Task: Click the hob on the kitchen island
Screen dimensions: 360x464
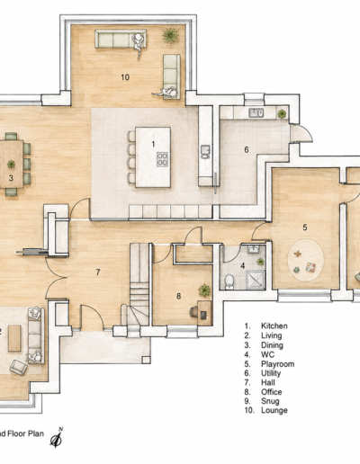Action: pyautogui.click(x=162, y=159)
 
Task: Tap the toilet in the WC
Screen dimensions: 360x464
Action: pyautogui.click(x=229, y=281)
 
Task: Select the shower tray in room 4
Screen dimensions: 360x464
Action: pyautogui.click(x=256, y=280)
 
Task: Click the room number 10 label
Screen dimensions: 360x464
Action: pyautogui.click(x=125, y=77)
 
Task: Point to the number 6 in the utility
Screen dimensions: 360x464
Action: pyautogui.click(x=247, y=149)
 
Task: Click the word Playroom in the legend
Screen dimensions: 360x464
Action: pyautogui.click(x=277, y=364)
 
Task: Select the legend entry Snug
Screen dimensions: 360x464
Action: pyautogui.click(x=270, y=401)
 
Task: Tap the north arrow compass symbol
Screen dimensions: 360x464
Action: pyautogui.click(x=57, y=438)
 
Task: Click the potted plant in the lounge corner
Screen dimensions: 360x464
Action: pyautogui.click(x=170, y=36)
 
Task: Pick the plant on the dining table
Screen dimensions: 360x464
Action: pyautogui.click(x=11, y=164)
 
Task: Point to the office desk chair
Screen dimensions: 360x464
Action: pyautogui.click(x=193, y=312)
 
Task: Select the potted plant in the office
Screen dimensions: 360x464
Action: pyautogui.click(x=204, y=290)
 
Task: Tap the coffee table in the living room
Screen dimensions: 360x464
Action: pyautogui.click(x=14, y=338)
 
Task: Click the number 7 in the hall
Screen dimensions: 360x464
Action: pyautogui.click(x=98, y=272)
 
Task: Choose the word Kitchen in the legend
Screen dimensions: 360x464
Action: pyautogui.click(x=274, y=326)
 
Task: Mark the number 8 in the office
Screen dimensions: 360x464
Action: pyautogui.click(x=178, y=296)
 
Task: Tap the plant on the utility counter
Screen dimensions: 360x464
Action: pyautogui.click(x=282, y=113)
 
